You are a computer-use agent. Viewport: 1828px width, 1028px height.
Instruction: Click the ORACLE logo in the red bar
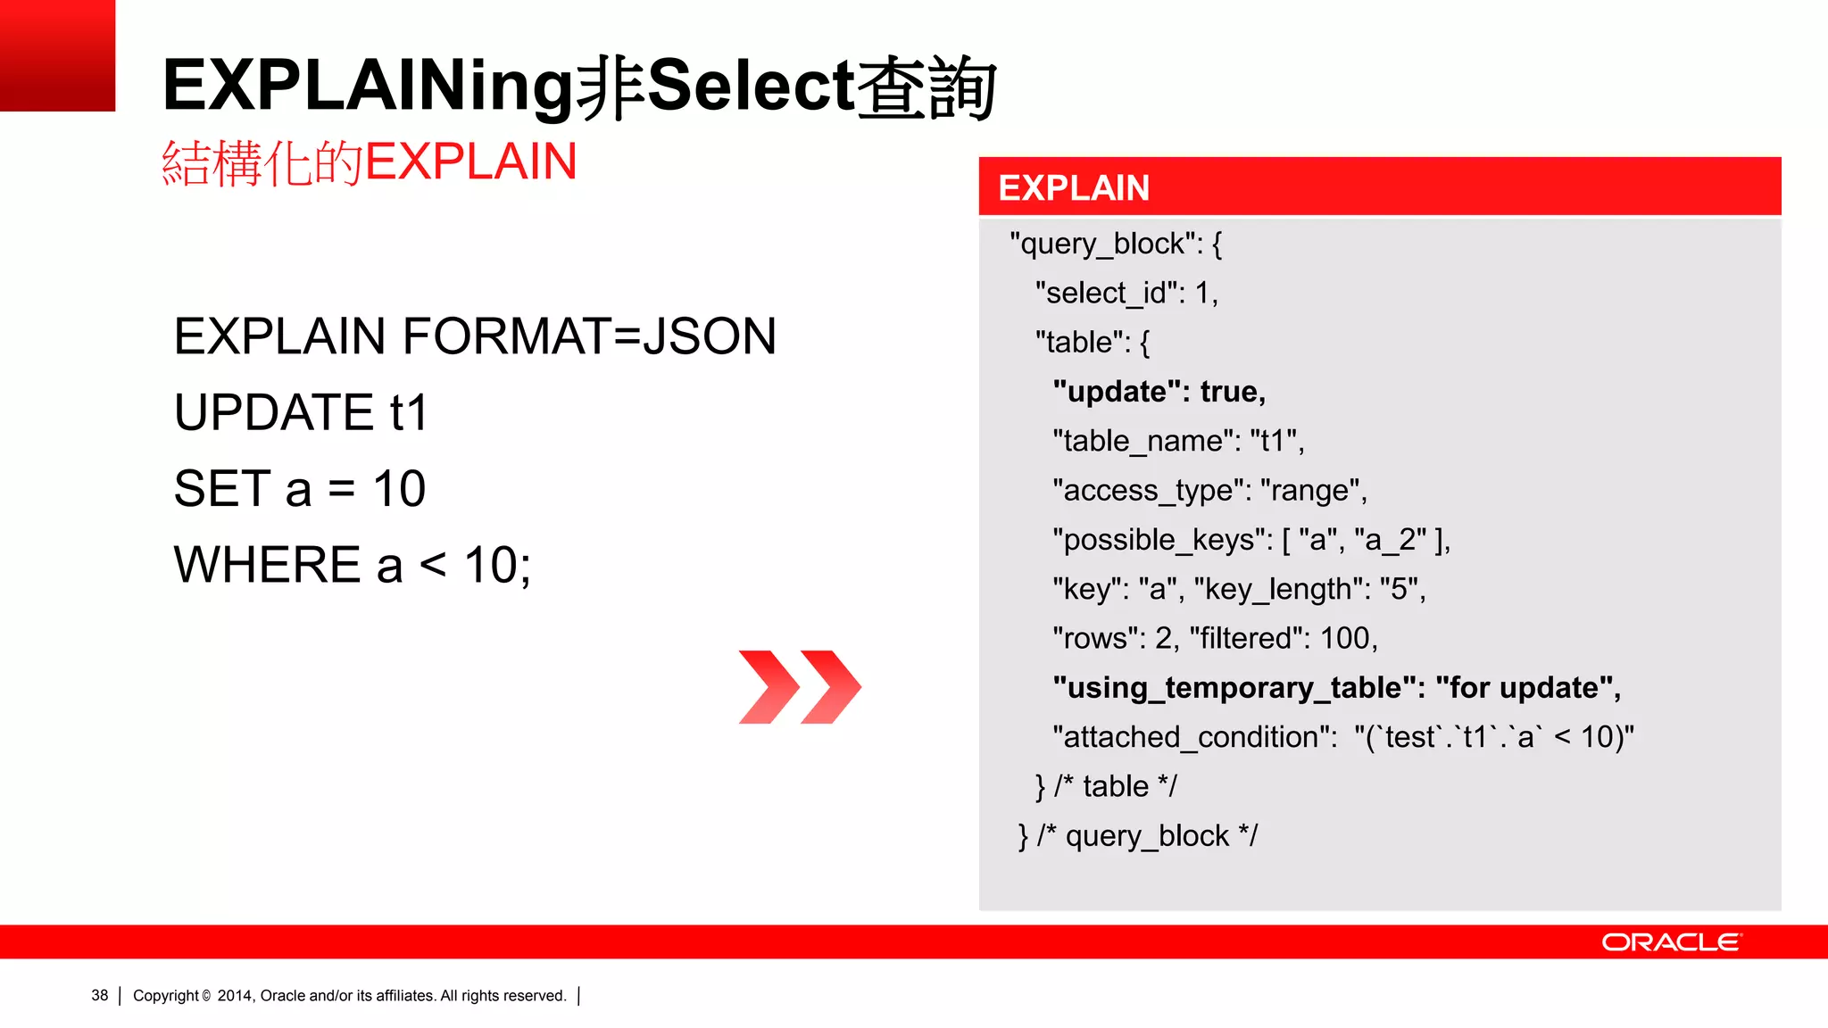coord(1670,942)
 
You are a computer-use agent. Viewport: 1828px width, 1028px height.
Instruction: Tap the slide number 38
coord(99,995)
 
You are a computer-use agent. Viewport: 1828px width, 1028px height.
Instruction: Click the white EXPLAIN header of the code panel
coord(1074,188)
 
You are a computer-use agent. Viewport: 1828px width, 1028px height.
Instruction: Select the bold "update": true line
coord(1159,392)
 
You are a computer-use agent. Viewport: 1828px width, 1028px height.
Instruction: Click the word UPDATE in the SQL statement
coord(273,412)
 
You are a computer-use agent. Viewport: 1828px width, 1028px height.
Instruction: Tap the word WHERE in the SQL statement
coord(267,565)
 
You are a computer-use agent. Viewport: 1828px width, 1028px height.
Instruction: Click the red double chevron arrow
coord(800,686)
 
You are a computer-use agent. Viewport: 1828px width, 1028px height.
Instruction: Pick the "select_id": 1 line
coord(1126,293)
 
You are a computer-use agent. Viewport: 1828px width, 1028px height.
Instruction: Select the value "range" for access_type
coord(1309,490)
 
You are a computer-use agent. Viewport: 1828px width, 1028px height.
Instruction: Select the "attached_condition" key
coord(1194,737)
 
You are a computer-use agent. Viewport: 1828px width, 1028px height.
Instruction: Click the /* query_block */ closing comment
coord(1147,836)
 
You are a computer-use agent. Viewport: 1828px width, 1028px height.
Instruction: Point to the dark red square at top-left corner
coord(57,54)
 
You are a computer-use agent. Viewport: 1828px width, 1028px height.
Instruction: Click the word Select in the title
coord(750,86)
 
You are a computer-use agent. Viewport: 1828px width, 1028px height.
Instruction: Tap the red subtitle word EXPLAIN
coord(470,162)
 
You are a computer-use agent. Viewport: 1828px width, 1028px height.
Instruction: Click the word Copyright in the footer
coord(165,995)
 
